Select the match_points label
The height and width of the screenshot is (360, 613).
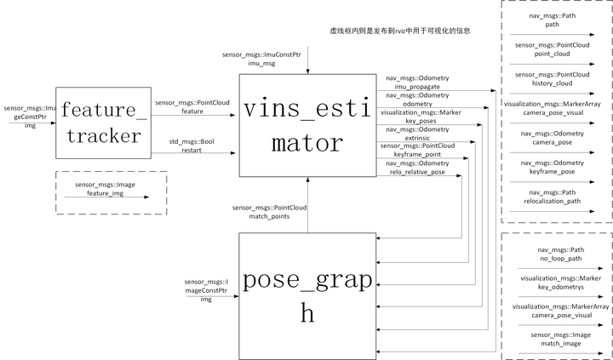(x=269, y=217)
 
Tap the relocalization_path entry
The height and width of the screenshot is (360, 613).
(x=558, y=203)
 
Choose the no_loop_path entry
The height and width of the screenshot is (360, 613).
(x=558, y=254)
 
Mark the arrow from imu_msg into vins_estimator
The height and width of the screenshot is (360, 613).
(x=308, y=60)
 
